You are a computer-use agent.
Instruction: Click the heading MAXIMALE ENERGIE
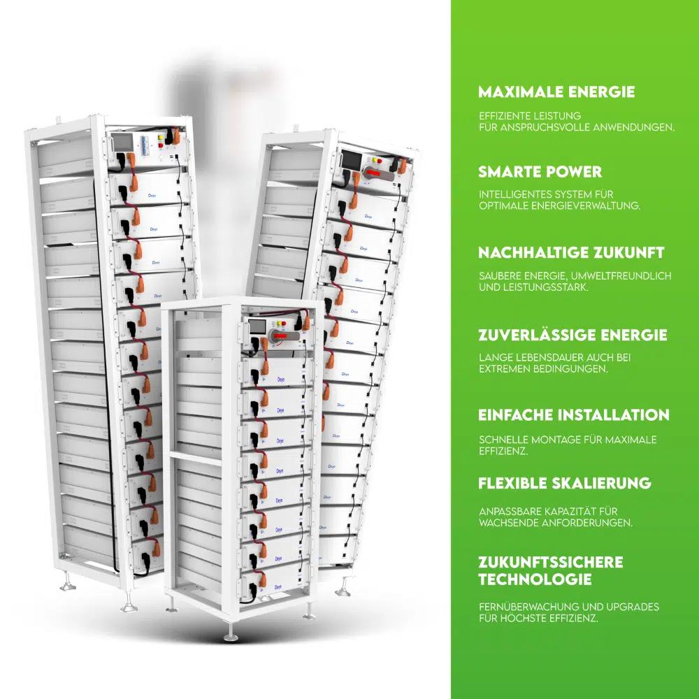tap(556, 92)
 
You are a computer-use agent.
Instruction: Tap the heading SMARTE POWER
tap(540, 172)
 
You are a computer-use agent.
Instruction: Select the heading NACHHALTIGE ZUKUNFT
tap(571, 252)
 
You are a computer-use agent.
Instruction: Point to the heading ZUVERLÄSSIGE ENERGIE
tap(572, 335)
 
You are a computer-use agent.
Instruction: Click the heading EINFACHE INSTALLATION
tap(573, 415)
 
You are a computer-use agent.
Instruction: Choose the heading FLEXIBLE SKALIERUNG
tap(565, 483)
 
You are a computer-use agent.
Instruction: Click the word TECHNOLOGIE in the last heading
tap(535, 579)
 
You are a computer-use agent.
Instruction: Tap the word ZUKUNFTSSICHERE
tap(550, 562)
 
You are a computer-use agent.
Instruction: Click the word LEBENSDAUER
tap(539, 357)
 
